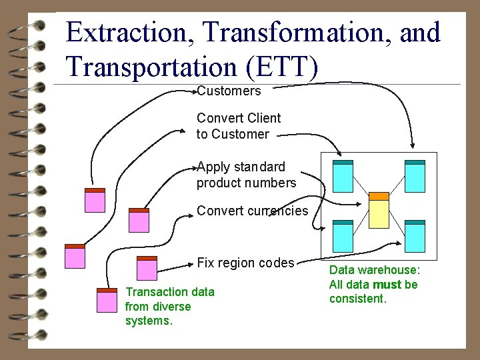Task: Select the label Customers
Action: tap(229, 91)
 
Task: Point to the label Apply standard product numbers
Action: tap(245, 175)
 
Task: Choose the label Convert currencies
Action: tap(252, 211)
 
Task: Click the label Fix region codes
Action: tap(245, 263)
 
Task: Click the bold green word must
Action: tap(387, 285)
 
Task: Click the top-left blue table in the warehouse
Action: tap(343, 177)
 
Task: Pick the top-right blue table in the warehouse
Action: tap(415, 177)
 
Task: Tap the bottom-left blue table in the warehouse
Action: tap(343, 236)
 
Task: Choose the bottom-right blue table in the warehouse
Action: tap(415, 236)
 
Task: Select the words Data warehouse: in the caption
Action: tap(375, 270)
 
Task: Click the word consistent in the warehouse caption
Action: tap(357, 299)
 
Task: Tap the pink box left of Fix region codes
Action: tap(146, 268)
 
